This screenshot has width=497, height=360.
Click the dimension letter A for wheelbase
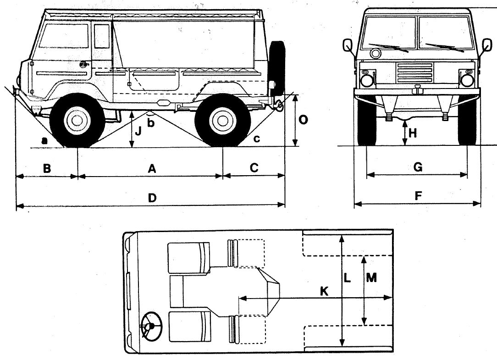pyautogui.click(x=152, y=169)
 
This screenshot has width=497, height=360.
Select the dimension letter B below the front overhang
pyautogui.click(x=46, y=168)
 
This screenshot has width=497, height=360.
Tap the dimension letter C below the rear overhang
pyautogui.click(x=254, y=168)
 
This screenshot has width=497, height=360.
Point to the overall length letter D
pyautogui.click(x=152, y=198)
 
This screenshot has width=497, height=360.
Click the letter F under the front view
pyautogui.click(x=417, y=196)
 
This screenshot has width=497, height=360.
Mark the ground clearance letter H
pyautogui.click(x=413, y=133)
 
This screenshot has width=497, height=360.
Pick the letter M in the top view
pyautogui.click(x=372, y=278)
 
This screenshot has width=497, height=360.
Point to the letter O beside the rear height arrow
pyautogui.click(x=303, y=120)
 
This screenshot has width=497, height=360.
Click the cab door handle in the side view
pyautogui.click(x=83, y=65)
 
